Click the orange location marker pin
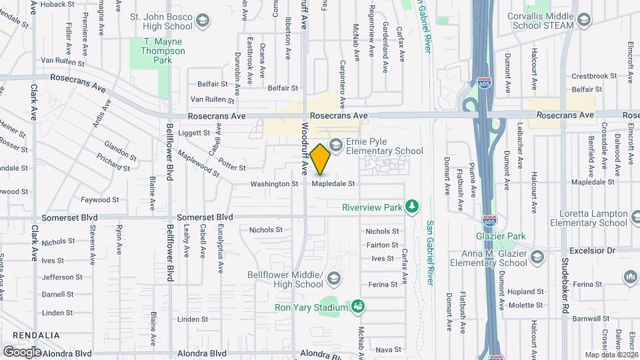[x=321, y=159]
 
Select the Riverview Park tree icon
[x=413, y=207]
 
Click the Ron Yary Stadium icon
[x=358, y=307]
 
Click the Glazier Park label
[x=501, y=236]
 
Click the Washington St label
[x=274, y=183]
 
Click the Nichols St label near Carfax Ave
[x=382, y=231]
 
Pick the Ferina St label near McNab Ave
[x=382, y=284]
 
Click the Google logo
[x=22, y=351]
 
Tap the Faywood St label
[x=99, y=199]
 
